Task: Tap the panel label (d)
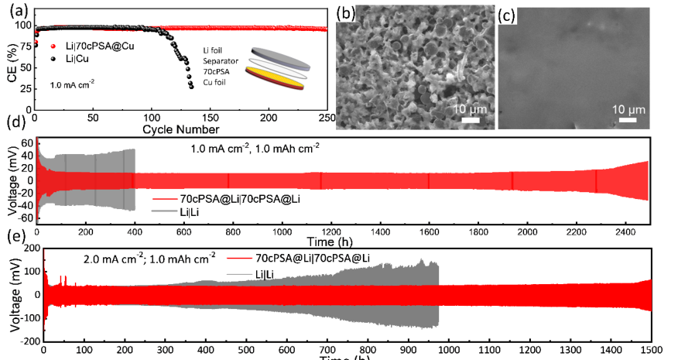point(12,123)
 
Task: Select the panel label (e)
point(13,234)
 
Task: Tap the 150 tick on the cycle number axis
point(210,118)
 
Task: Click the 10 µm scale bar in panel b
point(468,119)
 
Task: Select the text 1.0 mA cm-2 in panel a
point(70,81)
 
